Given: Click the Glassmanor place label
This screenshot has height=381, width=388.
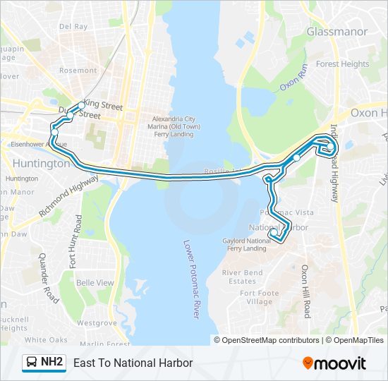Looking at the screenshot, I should [x=337, y=32].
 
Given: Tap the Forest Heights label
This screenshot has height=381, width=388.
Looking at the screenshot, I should [x=343, y=64].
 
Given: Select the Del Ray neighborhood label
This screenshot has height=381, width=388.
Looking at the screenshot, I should [x=73, y=27].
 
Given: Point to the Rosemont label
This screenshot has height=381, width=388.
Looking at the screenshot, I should [x=78, y=71].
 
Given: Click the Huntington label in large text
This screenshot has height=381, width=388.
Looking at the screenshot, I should [x=42, y=163].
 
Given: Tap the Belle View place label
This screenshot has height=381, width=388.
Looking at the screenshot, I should [x=95, y=283].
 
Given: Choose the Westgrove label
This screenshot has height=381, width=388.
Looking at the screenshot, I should [x=97, y=323].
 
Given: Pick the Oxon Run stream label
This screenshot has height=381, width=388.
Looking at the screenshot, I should [x=294, y=78].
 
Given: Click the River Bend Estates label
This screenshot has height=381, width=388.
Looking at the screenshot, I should [x=243, y=277].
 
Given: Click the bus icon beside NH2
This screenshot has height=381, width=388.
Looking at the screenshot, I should [x=32, y=363].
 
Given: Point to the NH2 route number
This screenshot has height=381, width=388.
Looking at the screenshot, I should [x=52, y=363].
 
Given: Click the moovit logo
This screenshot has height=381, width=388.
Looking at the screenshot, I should [x=334, y=363].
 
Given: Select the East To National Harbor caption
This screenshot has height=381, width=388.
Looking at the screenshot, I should [x=133, y=363].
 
